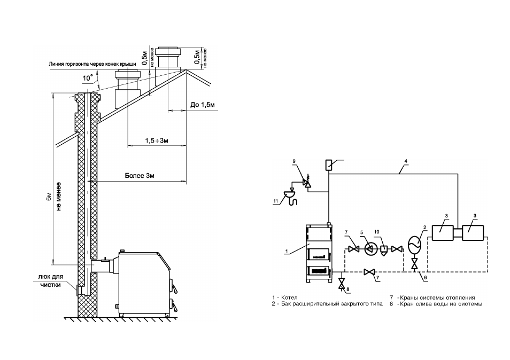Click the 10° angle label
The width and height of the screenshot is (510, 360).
click(88, 79)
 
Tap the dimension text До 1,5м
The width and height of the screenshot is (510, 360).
click(202, 105)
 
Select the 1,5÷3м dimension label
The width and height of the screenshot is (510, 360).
click(157, 140)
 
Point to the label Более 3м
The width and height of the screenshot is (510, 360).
click(140, 176)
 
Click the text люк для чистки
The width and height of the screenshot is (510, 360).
click(51, 281)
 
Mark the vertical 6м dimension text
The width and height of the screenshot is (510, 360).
click(49, 197)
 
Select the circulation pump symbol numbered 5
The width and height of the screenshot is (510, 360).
click(370, 249)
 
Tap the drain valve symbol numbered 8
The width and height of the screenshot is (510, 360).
click(342, 283)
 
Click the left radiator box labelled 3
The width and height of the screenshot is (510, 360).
click(442, 233)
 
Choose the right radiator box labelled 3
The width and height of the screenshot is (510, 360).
click(473, 233)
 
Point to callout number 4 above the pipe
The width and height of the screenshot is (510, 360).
click(406, 161)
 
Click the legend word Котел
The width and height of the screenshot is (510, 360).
click(289, 298)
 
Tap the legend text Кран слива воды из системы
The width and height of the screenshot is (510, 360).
click(441, 304)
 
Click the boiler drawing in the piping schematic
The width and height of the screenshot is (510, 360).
click(319, 253)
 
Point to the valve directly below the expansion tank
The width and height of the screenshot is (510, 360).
click(414, 263)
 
